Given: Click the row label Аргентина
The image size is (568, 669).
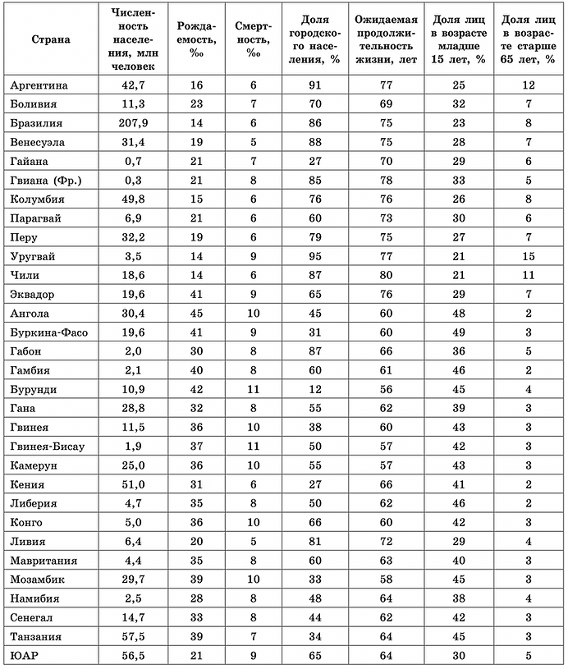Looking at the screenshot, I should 39,85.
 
